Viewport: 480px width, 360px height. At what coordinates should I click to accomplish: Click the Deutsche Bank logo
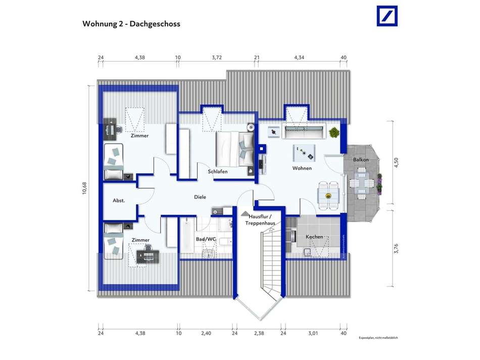tap(387, 16)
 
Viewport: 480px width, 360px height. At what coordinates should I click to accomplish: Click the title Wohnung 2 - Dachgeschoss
tap(131, 24)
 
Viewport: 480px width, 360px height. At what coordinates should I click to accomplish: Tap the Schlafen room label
tap(218, 172)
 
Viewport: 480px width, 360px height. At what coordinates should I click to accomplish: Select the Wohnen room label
tap(302, 168)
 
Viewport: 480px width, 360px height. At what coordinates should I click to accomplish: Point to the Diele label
tap(200, 197)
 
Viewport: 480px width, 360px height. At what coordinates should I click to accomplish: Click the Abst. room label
tap(119, 201)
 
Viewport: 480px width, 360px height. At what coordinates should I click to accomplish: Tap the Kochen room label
tap(314, 237)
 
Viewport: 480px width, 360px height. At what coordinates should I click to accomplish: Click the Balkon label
tap(361, 160)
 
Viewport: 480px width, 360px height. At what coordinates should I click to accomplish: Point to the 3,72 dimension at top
tap(217, 58)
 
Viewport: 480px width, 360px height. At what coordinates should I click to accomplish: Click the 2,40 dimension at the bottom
tap(206, 334)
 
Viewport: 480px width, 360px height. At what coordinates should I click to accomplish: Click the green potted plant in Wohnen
tap(333, 132)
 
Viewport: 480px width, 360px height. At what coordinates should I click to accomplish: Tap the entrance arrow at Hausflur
tap(245, 214)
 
